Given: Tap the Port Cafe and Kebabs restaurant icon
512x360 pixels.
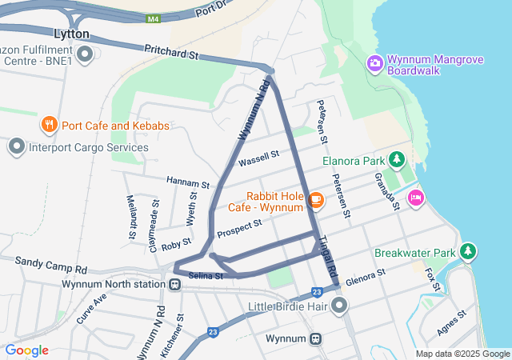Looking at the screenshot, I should tap(50, 125).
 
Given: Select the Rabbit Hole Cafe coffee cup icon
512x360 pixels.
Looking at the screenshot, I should tap(316, 200).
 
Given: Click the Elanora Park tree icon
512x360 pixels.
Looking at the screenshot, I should tap(396, 159).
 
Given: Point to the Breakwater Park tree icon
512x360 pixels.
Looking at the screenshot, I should tap(469, 253).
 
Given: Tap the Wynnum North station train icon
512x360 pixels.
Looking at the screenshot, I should tap(174, 284).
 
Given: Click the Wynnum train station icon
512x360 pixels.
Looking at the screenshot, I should tap(317, 338).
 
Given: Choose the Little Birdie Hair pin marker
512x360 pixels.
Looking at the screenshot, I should tap(341, 305).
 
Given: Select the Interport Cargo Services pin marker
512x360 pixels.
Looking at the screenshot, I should tap(16, 146).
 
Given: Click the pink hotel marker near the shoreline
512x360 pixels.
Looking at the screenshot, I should tap(415, 198).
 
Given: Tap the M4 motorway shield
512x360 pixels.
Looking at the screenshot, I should tap(154, 18).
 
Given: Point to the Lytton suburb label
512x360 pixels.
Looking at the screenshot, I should tap(71, 34).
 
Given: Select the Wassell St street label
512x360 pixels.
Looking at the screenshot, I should tap(258, 158).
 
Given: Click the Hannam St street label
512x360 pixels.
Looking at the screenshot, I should tap(187, 182).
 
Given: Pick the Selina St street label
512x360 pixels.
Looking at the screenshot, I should tap(205, 276).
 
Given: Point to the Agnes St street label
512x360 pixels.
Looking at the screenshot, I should tap(452, 324).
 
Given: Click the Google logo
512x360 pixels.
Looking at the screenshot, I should tap(26, 350).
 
